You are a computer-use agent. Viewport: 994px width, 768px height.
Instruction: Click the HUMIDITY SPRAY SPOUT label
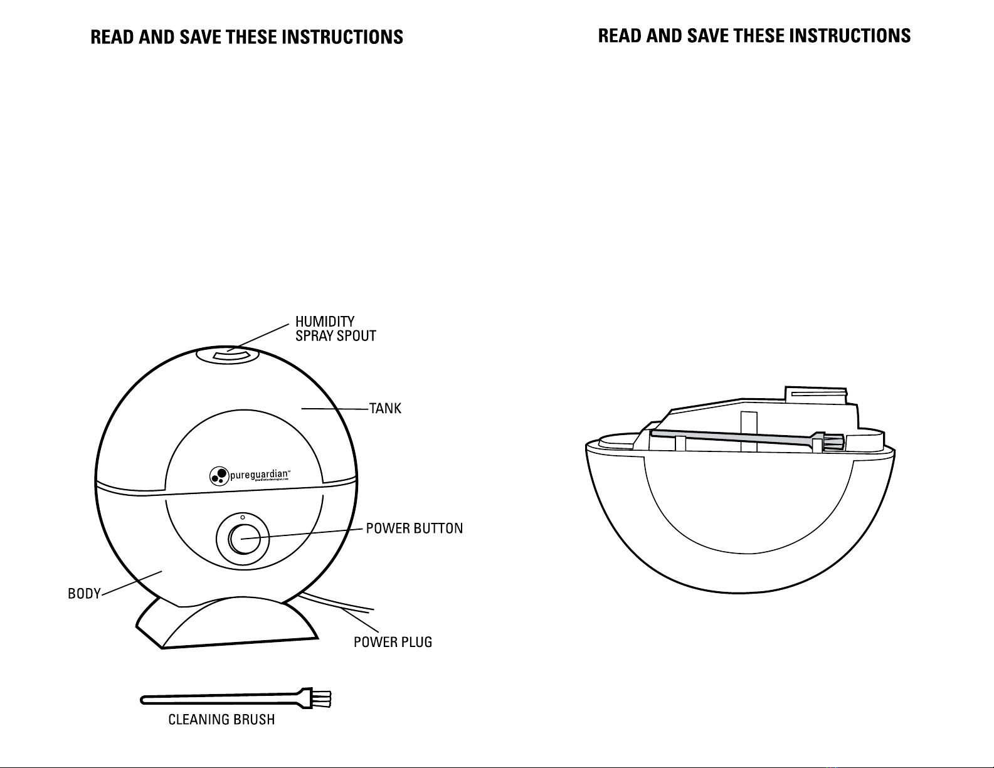336,329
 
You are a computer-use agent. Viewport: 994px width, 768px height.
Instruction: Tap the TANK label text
385,409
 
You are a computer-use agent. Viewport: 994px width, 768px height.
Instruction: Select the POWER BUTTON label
414,529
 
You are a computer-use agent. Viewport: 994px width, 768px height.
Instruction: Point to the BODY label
84,594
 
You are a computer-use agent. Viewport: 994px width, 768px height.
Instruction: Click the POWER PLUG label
393,643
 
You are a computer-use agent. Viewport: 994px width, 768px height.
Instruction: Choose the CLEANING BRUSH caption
221,720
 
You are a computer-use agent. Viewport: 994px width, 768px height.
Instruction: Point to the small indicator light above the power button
243,517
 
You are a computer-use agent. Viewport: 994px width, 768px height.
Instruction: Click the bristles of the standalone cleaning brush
322,698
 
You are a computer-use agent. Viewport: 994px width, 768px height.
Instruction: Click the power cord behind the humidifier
339,604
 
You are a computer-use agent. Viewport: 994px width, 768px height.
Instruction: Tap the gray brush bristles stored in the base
833,441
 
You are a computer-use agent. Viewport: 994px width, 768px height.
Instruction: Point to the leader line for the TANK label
336,409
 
